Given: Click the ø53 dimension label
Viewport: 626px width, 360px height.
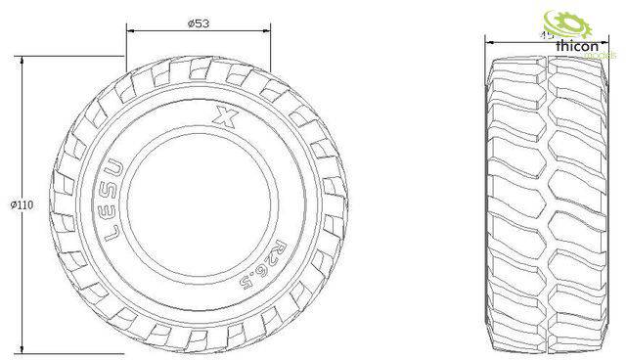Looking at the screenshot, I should [197, 24].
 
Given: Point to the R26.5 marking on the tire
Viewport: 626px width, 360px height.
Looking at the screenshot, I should [260, 262].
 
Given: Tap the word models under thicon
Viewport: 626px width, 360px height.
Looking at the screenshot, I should [599, 57].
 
